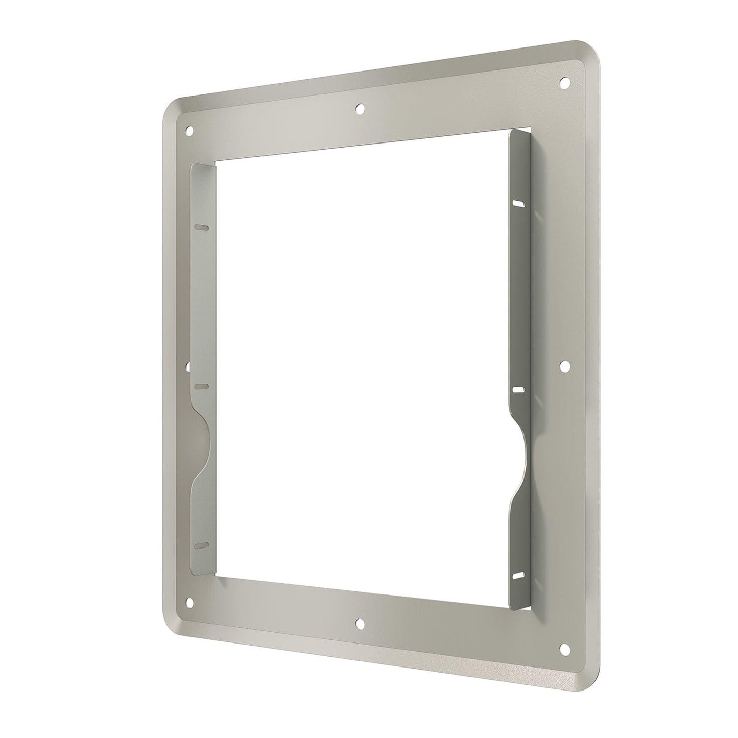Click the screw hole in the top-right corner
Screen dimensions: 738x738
[564, 82]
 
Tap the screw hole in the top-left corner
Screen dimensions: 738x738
[189, 131]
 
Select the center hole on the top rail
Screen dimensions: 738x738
[360, 108]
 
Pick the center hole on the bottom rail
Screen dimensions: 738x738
[360, 623]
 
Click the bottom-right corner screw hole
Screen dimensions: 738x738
[564, 648]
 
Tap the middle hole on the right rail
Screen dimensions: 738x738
[564, 366]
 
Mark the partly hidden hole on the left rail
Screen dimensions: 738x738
[188, 366]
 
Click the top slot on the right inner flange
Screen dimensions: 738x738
[518, 204]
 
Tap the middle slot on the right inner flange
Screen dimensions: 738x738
[518, 389]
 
